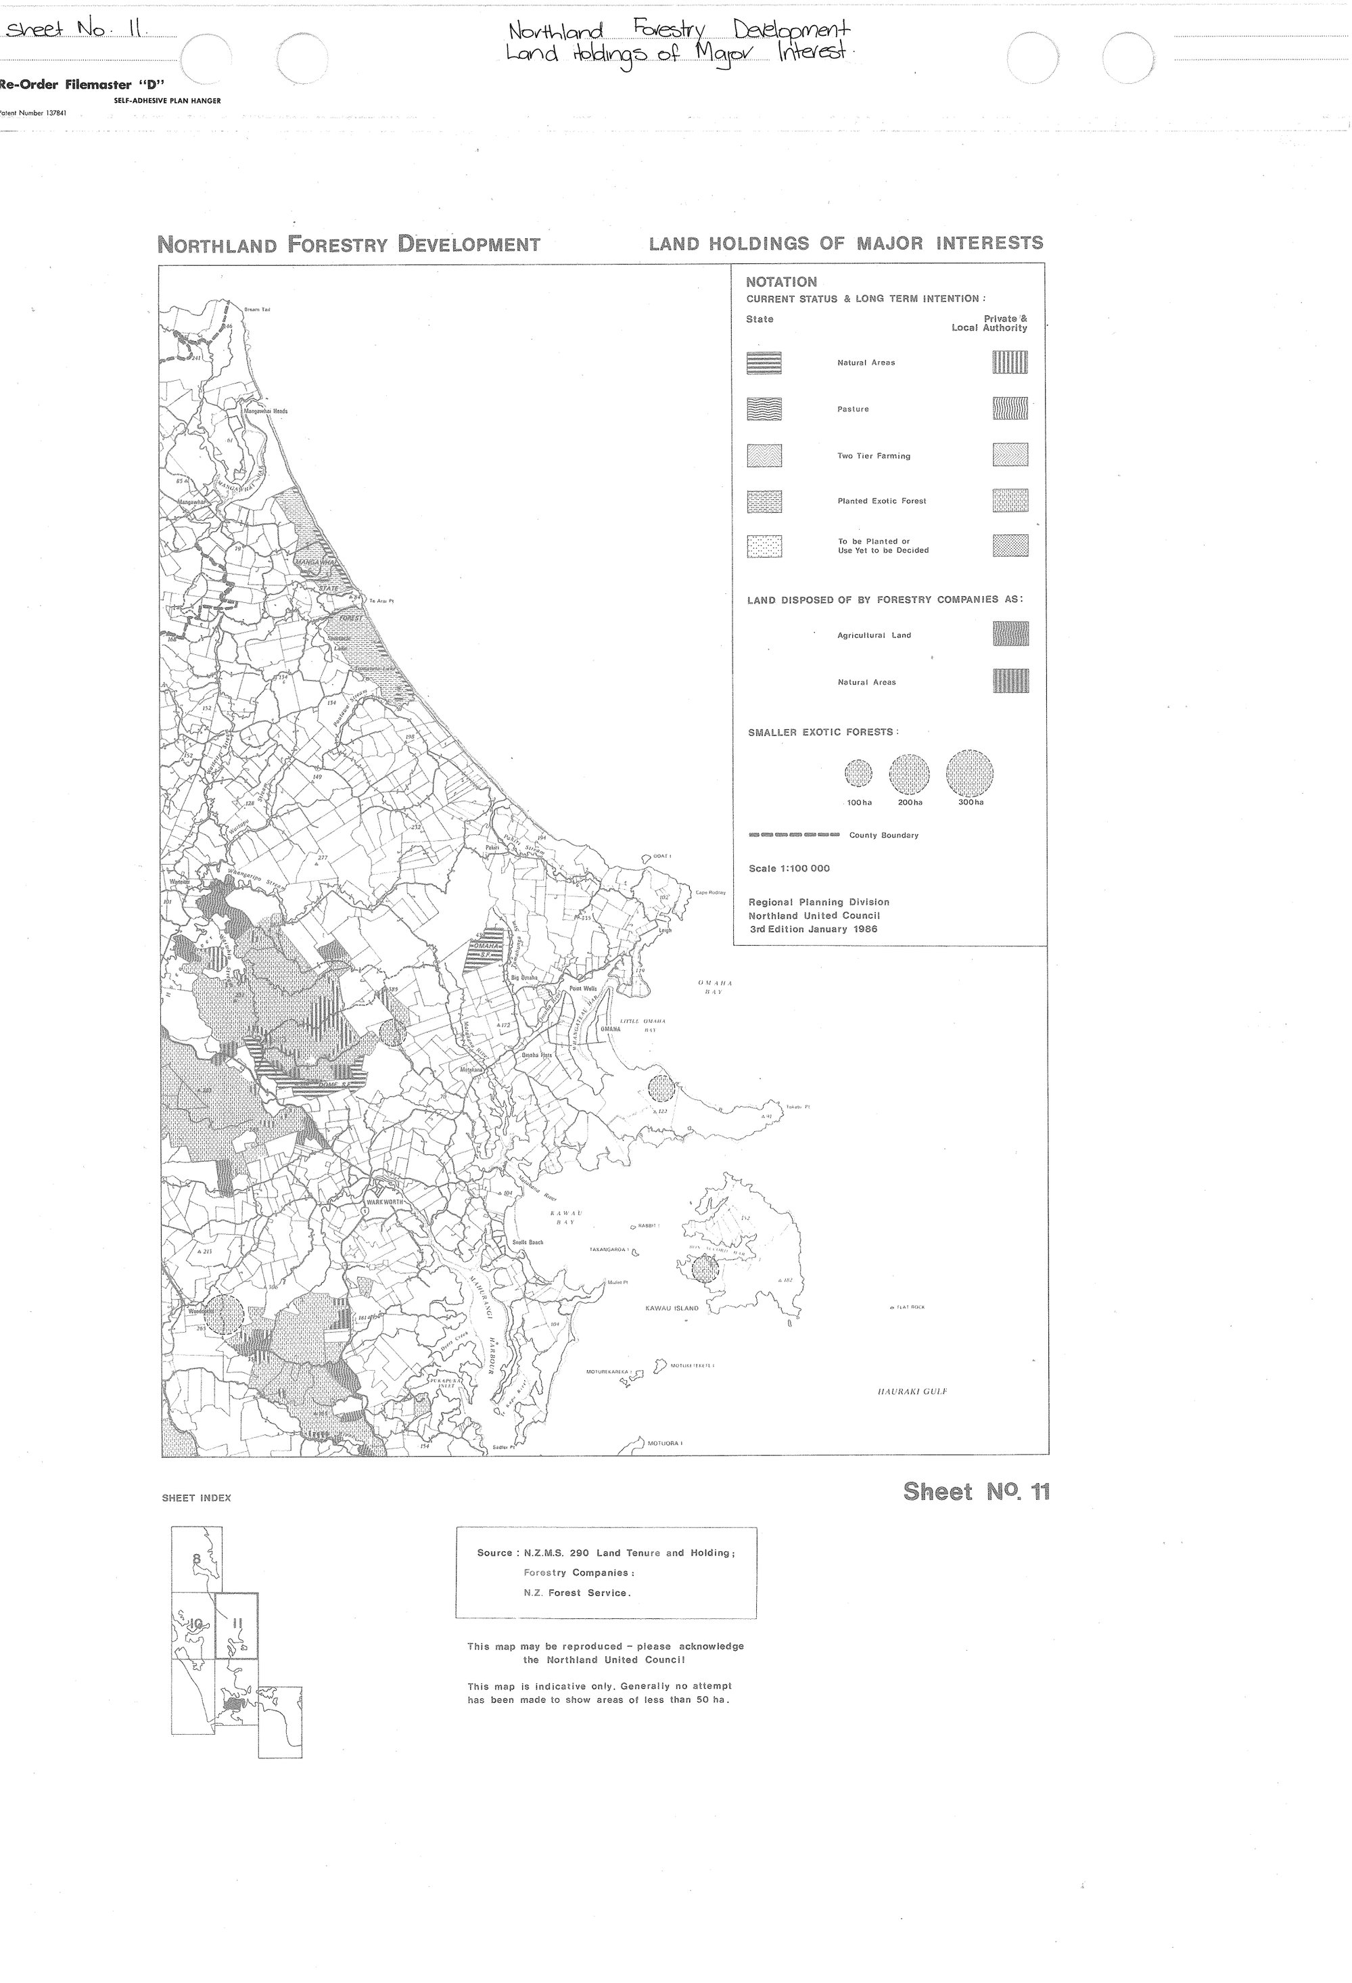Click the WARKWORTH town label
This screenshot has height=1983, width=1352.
pos(383,1202)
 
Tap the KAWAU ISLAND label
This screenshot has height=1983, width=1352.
pos(672,1308)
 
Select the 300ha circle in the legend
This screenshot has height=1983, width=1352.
pos(970,773)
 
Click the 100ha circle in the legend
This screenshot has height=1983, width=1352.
pos(858,773)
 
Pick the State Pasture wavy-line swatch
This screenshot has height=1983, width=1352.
pos(764,409)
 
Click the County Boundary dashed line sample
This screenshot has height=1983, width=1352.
pos(793,834)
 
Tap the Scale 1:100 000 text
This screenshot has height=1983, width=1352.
pos(789,869)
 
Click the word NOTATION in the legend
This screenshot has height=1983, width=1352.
pos(781,281)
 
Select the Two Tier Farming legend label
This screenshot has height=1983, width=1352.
pos(873,455)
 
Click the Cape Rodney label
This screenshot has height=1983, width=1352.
pos(711,892)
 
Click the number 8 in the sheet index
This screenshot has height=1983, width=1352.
pos(197,1559)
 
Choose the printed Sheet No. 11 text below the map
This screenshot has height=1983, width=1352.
pos(976,1492)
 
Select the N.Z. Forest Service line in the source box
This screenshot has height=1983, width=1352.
pos(578,1592)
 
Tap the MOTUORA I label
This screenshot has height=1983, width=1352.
pos(666,1443)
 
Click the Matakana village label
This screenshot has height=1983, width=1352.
pos(471,1069)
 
